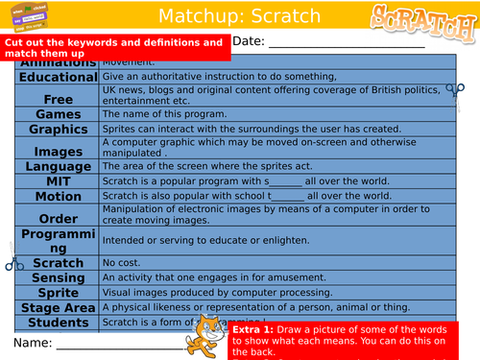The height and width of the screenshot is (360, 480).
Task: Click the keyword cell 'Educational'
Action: (58, 77)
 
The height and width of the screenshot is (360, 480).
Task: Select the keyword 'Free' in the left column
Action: (58, 98)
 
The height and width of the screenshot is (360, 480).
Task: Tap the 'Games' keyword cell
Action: (58, 113)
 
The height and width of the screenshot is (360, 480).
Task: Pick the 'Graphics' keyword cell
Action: (58, 129)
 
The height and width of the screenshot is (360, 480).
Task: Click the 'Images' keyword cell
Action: (58, 150)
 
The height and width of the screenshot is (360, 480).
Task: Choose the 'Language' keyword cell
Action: (58, 165)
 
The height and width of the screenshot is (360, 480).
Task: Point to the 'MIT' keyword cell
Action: (58, 180)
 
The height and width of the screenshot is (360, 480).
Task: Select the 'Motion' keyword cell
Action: (58, 196)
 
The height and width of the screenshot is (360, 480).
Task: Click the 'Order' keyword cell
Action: (58, 217)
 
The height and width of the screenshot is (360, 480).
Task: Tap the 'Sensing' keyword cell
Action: (58, 276)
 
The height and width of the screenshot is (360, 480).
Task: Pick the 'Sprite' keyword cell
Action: (58, 292)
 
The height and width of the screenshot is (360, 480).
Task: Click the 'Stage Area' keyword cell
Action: (58, 307)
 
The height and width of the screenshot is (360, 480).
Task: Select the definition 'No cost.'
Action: (121, 262)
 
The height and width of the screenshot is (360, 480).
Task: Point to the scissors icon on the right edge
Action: (453, 91)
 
